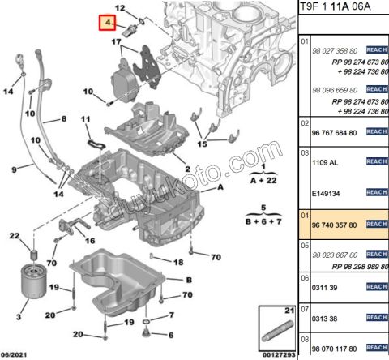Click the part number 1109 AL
[x=325, y=162]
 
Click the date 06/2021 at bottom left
[x=17, y=354]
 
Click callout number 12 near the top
[x=121, y=8]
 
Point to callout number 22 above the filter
[x=14, y=236]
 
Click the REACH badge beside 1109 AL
[x=377, y=162]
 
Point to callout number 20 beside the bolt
[x=78, y=334]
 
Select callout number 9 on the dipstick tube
[x=14, y=169]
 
